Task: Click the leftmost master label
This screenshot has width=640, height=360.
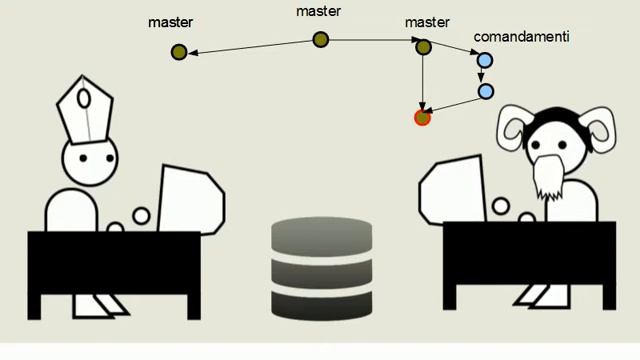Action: coord(170,21)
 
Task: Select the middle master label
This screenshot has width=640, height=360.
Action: coord(320,12)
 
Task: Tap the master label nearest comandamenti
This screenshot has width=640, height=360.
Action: coord(428,21)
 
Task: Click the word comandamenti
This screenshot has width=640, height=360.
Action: coord(521,36)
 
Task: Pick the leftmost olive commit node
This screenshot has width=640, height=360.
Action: coord(179,52)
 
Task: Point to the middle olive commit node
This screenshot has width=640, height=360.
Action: coord(320,40)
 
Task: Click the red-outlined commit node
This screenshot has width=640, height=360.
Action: coord(422,117)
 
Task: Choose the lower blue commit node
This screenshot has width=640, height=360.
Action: coord(485,91)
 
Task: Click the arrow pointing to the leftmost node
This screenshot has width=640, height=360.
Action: coord(250,46)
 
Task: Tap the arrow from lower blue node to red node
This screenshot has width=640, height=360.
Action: coord(455,104)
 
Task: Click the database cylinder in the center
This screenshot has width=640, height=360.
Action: coord(321,270)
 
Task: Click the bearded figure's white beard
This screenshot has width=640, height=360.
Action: coord(547,175)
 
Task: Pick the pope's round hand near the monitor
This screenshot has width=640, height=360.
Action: coord(142,215)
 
